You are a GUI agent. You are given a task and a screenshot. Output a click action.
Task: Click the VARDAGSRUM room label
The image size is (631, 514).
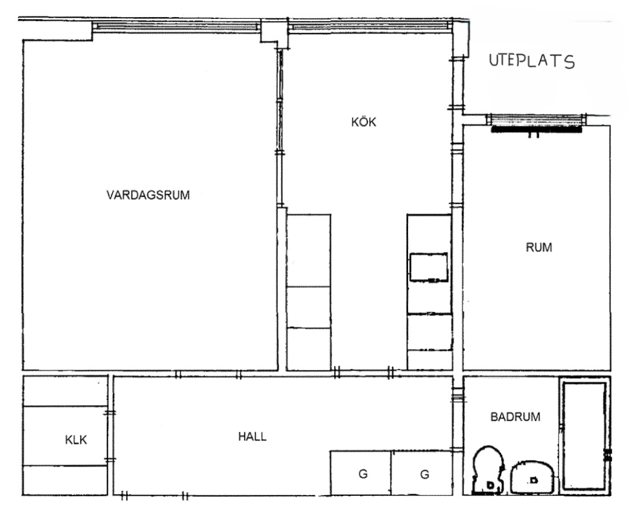[148, 195]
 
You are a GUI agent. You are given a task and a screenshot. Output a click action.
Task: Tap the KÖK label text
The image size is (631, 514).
[364, 122]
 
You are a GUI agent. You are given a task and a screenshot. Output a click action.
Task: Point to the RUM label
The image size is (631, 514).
[539, 247]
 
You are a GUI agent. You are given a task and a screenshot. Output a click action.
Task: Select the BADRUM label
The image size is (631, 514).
[515, 417]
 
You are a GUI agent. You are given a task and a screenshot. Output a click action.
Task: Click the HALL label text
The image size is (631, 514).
[252, 436]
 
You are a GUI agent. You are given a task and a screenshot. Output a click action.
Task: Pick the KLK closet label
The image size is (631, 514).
[75, 440]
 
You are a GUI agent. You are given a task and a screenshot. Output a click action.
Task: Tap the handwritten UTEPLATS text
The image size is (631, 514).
[532, 61]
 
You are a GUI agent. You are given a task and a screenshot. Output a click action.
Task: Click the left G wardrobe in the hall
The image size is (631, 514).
[361, 473]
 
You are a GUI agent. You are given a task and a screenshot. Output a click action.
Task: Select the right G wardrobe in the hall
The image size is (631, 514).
[422, 473]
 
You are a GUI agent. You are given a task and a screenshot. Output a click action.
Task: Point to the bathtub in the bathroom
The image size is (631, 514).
[584, 435]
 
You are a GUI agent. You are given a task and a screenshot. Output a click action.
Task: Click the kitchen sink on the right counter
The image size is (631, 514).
[429, 267]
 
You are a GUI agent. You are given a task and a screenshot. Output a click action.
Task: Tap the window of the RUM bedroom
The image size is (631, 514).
[535, 119]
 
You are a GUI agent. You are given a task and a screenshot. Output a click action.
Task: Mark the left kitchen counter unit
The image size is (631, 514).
[309, 292]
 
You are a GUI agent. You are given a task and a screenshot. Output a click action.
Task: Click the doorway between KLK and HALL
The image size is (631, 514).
[110, 436]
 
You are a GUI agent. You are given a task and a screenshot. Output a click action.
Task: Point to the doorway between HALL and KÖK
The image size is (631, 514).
[363, 374]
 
